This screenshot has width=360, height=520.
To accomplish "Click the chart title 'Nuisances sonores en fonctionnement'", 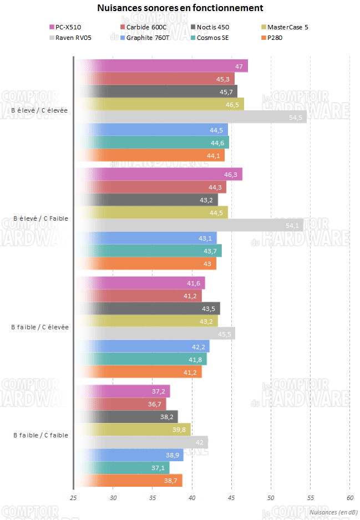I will point(180,8).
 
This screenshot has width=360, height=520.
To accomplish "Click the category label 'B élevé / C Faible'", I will point(40,218).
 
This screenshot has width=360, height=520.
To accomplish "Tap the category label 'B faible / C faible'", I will point(40,435).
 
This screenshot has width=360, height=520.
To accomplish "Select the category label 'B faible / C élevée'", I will point(40,327).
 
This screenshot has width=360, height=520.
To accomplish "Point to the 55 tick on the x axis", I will point(310,498).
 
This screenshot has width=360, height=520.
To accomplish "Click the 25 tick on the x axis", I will point(73,498).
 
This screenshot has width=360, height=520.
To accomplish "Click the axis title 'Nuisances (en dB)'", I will point(333,512).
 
